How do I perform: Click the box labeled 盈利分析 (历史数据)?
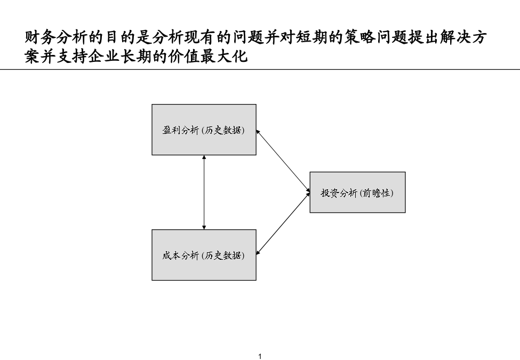tap(204, 130)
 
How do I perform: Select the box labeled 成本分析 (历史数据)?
tap(204, 255)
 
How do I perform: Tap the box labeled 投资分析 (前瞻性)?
tap(357, 192)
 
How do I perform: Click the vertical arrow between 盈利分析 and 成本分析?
tap(204, 192)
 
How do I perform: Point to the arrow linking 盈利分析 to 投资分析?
tap(283, 161)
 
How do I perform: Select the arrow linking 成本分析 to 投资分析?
tap(283, 224)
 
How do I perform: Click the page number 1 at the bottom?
tap(260, 356)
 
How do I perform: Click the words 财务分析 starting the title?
tap(57, 37)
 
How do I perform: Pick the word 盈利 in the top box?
tap(171, 130)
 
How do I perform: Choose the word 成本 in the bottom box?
tap(171, 255)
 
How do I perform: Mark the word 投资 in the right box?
tap(329, 193)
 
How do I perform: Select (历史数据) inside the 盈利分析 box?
tap(223, 130)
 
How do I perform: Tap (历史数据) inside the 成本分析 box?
tap(223, 255)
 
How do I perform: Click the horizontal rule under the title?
tap(260, 70)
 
